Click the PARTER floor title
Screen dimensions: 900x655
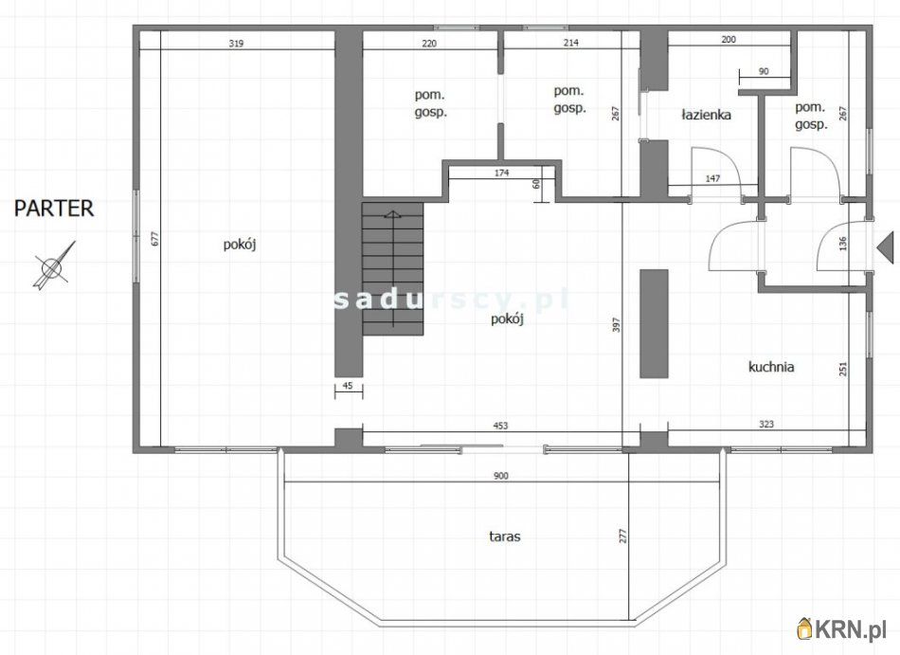(54, 208)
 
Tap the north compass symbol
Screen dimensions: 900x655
(54, 265)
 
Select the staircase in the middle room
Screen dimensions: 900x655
(392, 268)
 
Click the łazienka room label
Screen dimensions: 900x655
(706, 115)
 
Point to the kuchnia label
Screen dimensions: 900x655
(771, 367)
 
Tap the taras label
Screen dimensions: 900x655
(505, 537)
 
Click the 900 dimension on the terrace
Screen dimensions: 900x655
(500, 476)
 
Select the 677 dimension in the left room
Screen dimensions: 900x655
(155, 238)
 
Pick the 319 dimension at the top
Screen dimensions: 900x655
(236, 43)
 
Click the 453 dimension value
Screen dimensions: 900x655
(500, 426)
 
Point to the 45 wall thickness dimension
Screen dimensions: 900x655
(348, 386)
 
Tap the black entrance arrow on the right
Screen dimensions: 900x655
(885, 246)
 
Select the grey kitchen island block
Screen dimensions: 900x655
(655, 323)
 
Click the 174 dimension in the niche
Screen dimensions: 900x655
(502, 173)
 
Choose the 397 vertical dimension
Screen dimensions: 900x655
(616, 326)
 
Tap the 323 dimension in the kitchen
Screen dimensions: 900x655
(766, 425)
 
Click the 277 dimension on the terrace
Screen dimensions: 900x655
(623, 537)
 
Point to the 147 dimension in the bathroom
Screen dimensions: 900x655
(712, 178)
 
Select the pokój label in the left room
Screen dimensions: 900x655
(240, 245)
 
